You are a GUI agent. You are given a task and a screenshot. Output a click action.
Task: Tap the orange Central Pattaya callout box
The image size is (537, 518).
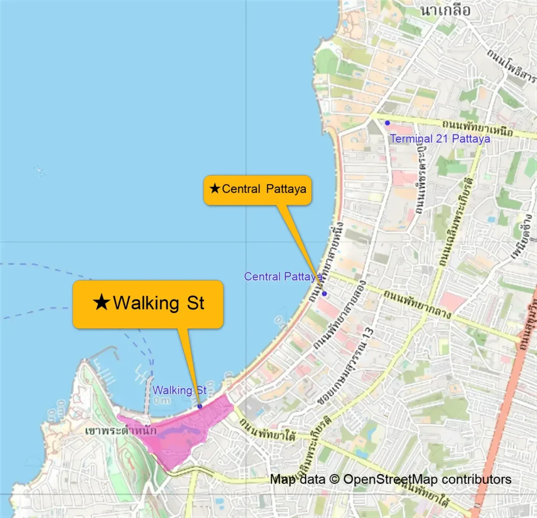point(257,189)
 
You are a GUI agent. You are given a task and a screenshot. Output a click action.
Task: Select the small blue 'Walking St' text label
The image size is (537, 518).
point(180,391)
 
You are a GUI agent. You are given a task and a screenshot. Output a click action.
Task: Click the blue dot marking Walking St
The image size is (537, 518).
point(200,406)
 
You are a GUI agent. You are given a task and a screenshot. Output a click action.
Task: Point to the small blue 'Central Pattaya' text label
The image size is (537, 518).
point(283,276)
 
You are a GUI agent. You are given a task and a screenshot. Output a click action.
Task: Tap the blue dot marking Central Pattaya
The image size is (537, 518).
point(324,294)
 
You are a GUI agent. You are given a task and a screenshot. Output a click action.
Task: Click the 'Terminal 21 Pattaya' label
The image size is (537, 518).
point(440,139)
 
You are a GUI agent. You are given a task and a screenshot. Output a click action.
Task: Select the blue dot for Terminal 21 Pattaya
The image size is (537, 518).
point(388,123)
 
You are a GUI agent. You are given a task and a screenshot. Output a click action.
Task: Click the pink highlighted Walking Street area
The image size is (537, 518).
point(178,433)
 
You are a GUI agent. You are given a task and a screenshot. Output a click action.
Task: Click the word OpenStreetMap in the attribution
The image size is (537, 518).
point(391,479)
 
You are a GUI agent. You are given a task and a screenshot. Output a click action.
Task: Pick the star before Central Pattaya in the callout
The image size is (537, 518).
point(214,189)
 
